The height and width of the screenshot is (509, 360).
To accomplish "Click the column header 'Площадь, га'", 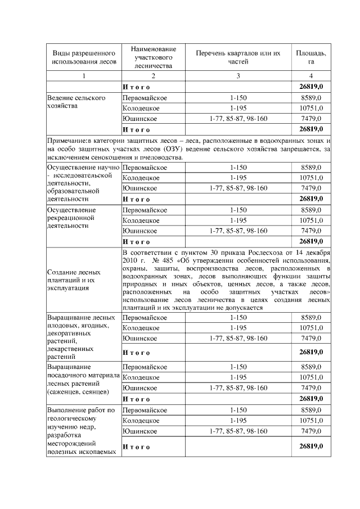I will point(311,57).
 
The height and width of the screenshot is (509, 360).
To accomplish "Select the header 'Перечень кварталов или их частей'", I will point(238,57).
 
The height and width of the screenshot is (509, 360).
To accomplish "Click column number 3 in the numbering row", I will point(238,76).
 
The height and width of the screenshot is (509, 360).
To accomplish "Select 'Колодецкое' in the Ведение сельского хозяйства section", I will point(141,108).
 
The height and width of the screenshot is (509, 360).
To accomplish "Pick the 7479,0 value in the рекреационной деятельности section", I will point(311,231).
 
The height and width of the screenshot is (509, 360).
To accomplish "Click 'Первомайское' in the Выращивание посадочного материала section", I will point(145,367).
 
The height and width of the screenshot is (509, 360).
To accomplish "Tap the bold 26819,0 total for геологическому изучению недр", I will point(311,447).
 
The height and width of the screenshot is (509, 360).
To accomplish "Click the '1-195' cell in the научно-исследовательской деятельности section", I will point(238,178).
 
